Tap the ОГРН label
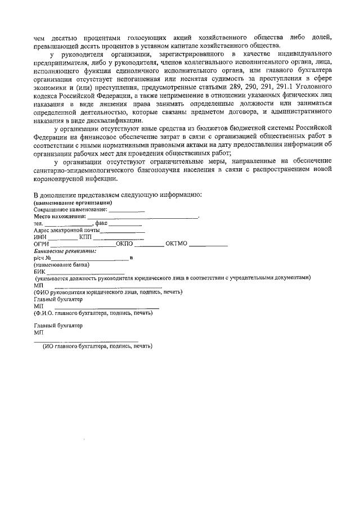pos(42,244)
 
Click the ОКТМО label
pos(177,244)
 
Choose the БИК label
pos(39,271)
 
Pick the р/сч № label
pos(43,258)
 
